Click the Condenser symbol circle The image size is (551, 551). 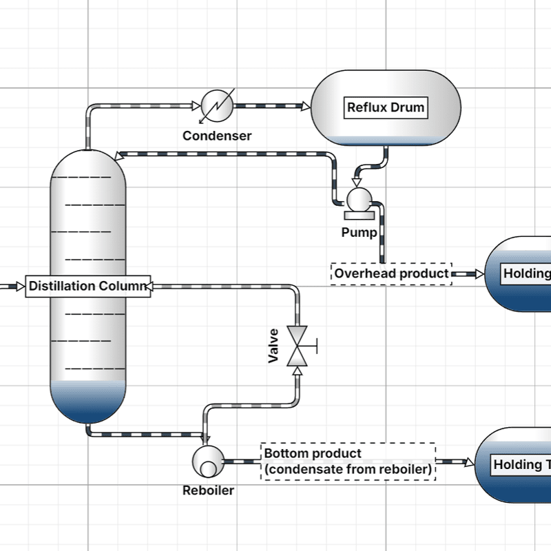point(217,105)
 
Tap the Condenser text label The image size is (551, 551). point(217,136)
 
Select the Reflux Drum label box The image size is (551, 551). point(386,107)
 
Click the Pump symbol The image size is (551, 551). point(358,199)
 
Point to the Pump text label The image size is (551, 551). point(359,232)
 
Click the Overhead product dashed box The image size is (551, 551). point(391,273)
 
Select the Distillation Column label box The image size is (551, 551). point(88,286)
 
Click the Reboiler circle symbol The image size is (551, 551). point(207,461)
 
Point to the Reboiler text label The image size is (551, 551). point(208,490)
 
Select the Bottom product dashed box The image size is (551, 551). point(349,461)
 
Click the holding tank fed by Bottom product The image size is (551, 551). point(517,465)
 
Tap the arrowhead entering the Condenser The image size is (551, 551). point(196,106)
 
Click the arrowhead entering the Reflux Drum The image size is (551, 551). point(306,106)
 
